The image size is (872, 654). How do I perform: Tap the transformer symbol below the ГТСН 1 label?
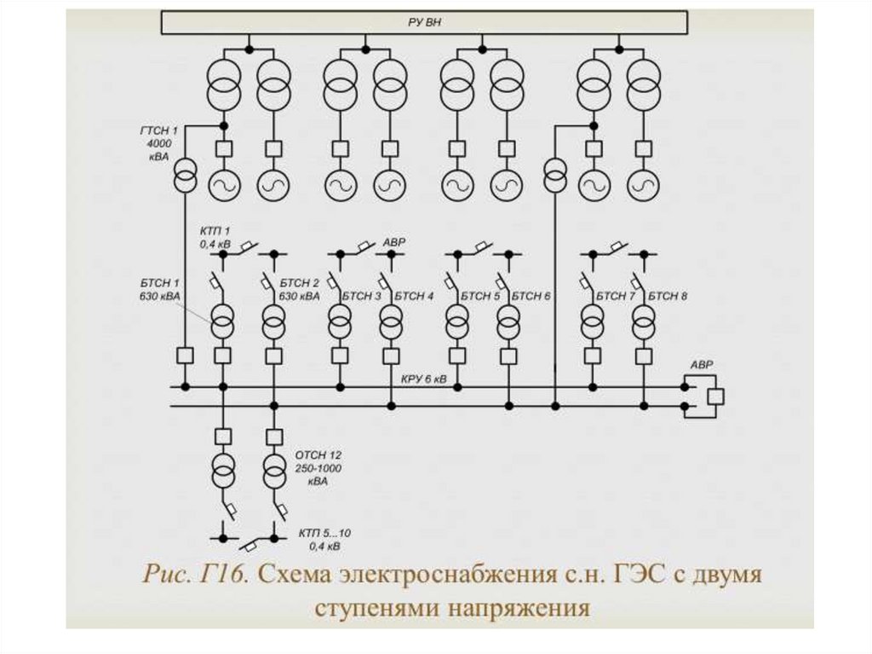185,177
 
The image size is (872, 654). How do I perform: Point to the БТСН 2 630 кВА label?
298,289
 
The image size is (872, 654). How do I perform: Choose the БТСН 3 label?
361,296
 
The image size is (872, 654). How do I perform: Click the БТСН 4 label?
414,296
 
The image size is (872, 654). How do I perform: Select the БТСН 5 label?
480,296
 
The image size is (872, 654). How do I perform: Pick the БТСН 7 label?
616,296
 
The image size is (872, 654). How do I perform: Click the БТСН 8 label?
668,296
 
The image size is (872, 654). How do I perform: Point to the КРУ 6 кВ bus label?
423,378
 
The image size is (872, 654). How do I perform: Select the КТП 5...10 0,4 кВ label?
324,539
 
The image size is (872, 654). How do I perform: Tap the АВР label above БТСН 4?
394,243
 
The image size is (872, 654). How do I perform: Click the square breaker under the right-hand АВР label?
715,396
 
